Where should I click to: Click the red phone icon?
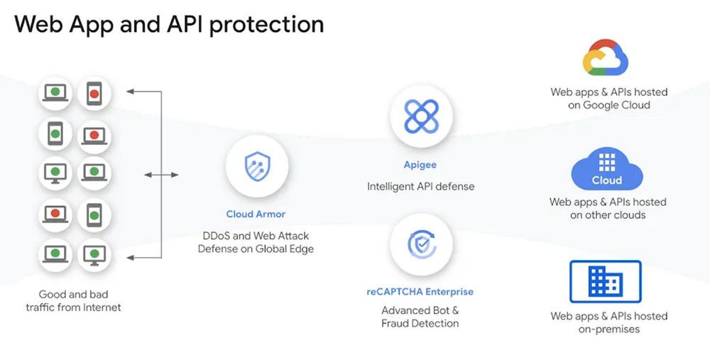click(92, 93)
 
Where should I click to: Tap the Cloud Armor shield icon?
click(256, 168)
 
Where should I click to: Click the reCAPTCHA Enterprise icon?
click(421, 244)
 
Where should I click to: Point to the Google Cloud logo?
click(605, 58)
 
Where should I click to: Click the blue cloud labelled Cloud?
click(606, 170)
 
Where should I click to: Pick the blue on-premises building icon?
click(605, 282)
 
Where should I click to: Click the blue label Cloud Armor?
click(256, 214)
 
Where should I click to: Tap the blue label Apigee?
click(420, 165)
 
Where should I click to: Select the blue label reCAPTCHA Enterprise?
click(420, 291)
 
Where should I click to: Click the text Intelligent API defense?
click(420, 186)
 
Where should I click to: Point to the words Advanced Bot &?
click(420, 310)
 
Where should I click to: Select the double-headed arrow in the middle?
click(161, 174)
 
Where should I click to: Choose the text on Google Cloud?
click(608, 105)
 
